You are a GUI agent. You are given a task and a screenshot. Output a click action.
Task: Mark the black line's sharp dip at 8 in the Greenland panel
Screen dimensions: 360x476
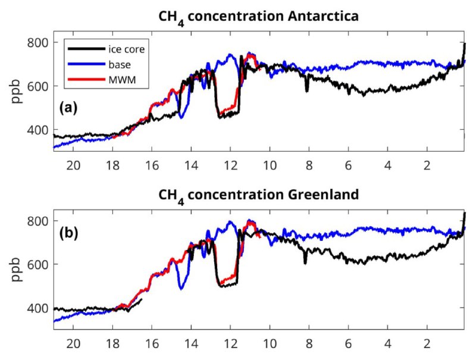[305, 262]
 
